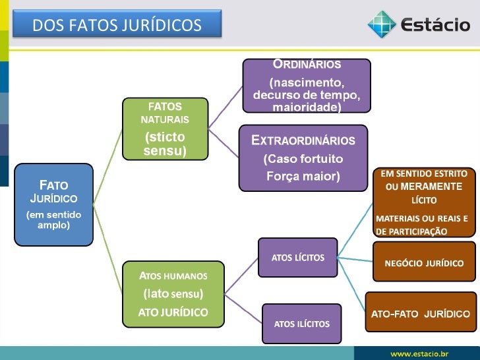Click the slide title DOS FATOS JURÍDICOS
pyautogui.click(x=117, y=26)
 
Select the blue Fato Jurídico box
pyautogui.click(x=53, y=204)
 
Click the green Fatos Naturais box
pyautogui.click(x=165, y=129)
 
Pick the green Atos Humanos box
pyautogui.click(x=173, y=293)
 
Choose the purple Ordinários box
pyautogui.click(x=307, y=85)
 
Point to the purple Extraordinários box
pyautogui.click(x=303, y=158)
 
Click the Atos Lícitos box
pyautogui.click(x=297, y=257)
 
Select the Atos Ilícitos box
pyautogui.click(x=301, y=323)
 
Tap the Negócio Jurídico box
pyautogui.click(x=424, y=262)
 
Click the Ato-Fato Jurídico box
pyautogui.click(x=420, y=313)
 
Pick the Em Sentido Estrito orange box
pyautogui.click(x=424, y=202)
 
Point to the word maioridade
pyautogui.click(x=307, y=106)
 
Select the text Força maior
pyautogui.click(x=303, y=176)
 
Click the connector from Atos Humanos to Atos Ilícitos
pyautogui.click(x=243, y=307)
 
